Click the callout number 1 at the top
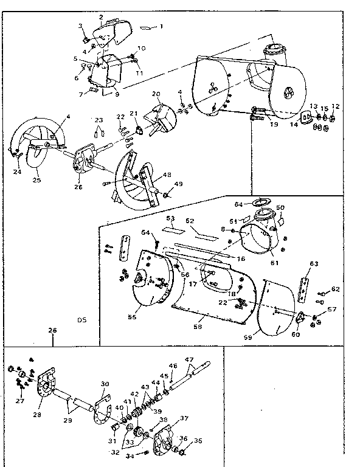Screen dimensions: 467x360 coord(162,26)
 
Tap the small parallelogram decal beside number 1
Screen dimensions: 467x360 coord(147,27)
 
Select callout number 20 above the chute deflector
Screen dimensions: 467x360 coord(156,94)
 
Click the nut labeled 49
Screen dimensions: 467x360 coord(166,196)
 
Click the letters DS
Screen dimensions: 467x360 coord(81,320)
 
